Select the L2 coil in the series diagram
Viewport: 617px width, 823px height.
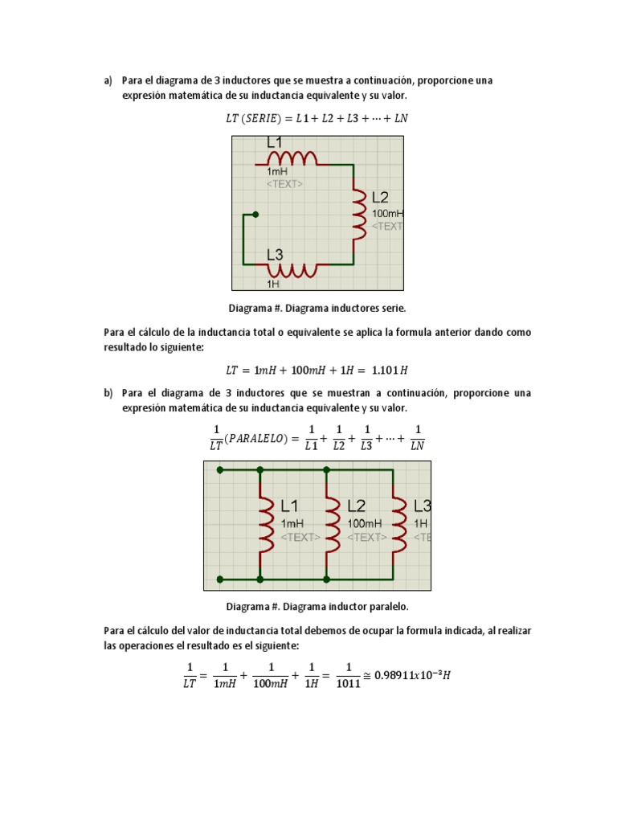point(359,214)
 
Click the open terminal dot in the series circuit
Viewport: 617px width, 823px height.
point(255,215)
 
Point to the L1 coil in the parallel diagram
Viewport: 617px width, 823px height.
point(264,524)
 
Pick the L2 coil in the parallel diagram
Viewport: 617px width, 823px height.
point(330,524)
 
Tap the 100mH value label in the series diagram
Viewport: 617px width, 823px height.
point(388,214)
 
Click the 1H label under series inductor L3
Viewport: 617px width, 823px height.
point(273,284)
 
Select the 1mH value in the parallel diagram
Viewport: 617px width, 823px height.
point(292,522)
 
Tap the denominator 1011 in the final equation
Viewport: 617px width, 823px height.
point(348,686)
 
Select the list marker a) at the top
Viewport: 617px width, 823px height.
point(108,80)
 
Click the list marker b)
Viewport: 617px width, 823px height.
point(108,393)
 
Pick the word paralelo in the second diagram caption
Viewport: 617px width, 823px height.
point(390,607)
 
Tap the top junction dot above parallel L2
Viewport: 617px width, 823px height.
point(326,469)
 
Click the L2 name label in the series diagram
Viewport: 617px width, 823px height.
point(380,197)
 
